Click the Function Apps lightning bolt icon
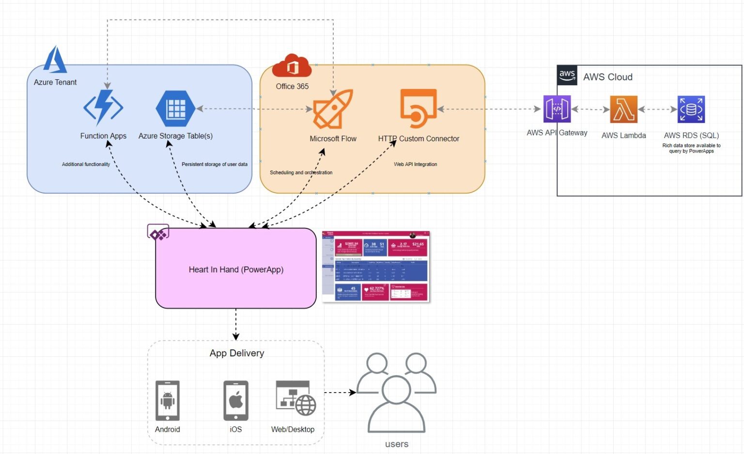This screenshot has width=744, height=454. click(x=103, y=107)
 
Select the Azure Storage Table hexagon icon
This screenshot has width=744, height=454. click(x=175, y=108)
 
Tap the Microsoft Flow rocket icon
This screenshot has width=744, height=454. click(x=333, y=109)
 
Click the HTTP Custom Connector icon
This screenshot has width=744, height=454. click(x=418, y=108)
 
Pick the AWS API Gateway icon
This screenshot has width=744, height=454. click(x=557, y=109)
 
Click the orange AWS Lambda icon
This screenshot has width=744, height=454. click(x=623, y=109)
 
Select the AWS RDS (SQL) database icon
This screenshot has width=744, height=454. click(x=691, y=109)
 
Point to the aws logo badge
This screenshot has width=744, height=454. click(x=567, y=76)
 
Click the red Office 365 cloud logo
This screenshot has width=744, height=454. click(x=292, y=66)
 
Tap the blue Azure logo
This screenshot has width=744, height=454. click(x=55, y=60)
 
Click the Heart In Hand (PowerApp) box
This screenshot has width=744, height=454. click(x=236, y=269)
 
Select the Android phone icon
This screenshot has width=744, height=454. click(x=168, y=401)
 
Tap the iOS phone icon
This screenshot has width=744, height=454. click(x=236, y=401)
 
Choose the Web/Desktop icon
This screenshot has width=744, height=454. click(x=295, y=398)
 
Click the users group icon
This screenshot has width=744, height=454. click(x=397, y=393)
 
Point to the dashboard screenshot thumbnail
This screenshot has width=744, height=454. click(x=376, y=266)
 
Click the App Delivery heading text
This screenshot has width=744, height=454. click(x=237, y=353)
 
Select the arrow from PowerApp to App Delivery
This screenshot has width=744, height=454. click(x=236, y=324)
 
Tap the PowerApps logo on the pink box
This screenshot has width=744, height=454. click(x=158, y=233)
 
